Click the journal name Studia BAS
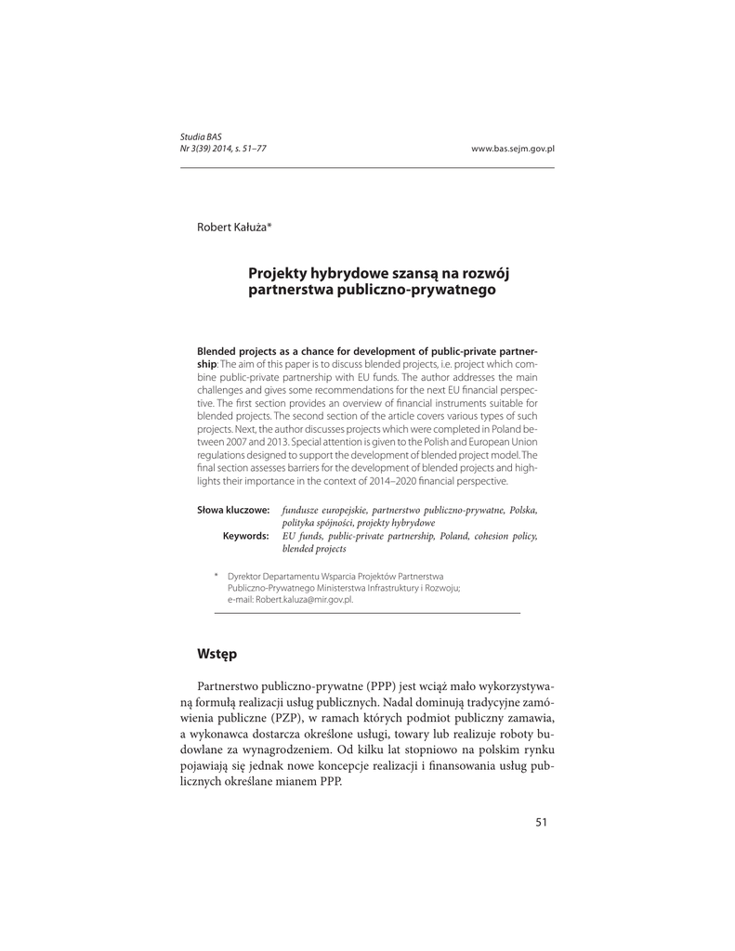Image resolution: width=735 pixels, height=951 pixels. pyautogui.click(x=201, y=137)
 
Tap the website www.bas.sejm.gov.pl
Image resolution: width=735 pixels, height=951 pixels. pyautogui.click(x=513, y=149)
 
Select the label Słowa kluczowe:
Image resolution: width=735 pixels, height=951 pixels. pyautogui.click(x=233, y=510)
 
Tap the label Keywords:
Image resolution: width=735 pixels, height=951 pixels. pyautogui.click(x=245, y=536)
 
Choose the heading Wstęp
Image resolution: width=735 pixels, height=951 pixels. pyautogui.click(x=217, y=654)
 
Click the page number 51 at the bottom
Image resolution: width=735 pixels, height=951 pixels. pyautogui.click(x=543, y=821)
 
